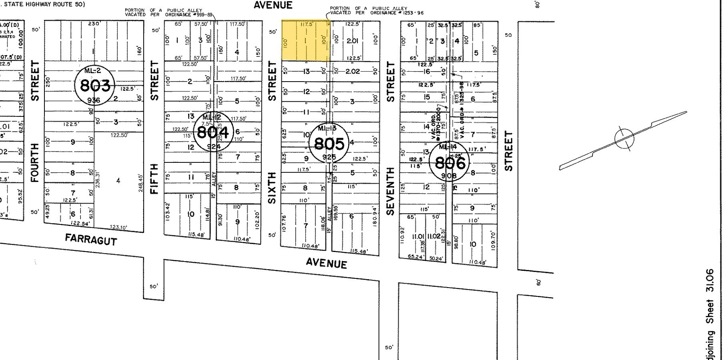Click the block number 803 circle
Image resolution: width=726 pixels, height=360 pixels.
95,86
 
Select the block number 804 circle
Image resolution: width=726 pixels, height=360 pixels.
213,132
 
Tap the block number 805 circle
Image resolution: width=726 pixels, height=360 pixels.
329,143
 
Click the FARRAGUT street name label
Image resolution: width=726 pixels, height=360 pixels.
91,240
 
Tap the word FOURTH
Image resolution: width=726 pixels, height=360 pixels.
35,162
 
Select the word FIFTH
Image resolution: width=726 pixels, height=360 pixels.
154,178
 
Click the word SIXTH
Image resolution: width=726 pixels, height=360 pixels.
272,188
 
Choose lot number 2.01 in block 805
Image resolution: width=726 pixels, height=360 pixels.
353,41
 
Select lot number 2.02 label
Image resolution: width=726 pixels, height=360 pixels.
353,71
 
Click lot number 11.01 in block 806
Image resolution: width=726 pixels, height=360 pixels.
411,236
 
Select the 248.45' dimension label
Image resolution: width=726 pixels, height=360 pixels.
140,182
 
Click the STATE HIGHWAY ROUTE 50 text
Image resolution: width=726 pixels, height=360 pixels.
43,4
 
